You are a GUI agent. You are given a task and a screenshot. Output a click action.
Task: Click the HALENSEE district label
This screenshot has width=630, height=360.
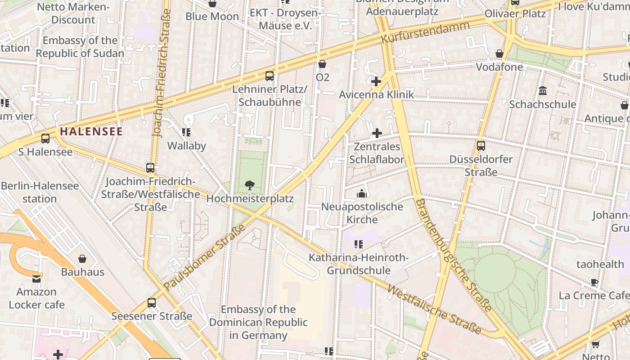[x=91, y=131]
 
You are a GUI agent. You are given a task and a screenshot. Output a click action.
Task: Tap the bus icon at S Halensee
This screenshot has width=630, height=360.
[x=45, y=139]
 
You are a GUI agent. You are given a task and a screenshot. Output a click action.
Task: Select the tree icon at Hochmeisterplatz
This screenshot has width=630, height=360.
[x=250, y=185]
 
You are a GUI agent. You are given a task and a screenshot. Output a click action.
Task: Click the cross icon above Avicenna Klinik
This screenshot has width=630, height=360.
[x=376, y=81]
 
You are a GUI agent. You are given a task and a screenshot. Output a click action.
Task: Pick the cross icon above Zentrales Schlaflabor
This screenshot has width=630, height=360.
[x=377, y=133]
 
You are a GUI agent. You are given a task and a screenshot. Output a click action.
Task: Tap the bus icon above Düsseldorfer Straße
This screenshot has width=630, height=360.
[x=481, y=146]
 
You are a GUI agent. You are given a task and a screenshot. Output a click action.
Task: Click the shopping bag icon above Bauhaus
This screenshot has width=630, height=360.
[x=82, y=259]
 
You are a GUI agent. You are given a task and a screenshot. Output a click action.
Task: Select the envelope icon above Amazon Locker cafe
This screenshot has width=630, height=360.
[x=36, y=279]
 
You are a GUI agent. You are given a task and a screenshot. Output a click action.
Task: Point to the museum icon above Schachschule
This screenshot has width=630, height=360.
[x=543, y=91]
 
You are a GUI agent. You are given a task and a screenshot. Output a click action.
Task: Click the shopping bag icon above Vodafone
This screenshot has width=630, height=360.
[x=499, y=54]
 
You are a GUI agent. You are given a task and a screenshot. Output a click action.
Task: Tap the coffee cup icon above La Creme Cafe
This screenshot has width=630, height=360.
[x=594, y=283]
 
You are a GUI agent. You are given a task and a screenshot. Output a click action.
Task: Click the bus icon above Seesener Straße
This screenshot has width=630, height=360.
[x=152, y=303]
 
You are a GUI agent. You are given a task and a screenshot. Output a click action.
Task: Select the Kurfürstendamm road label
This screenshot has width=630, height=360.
[x=425, y=32]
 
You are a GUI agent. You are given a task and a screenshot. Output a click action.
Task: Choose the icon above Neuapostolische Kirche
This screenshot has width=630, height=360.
[x=362, y=194]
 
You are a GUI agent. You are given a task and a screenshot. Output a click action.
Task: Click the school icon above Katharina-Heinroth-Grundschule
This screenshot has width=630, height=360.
[x=359, y=244]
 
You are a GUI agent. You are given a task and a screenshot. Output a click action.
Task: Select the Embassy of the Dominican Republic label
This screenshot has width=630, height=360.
[x=258, y=322]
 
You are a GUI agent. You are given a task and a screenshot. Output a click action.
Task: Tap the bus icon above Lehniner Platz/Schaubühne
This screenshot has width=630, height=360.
[x=270, y=76]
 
